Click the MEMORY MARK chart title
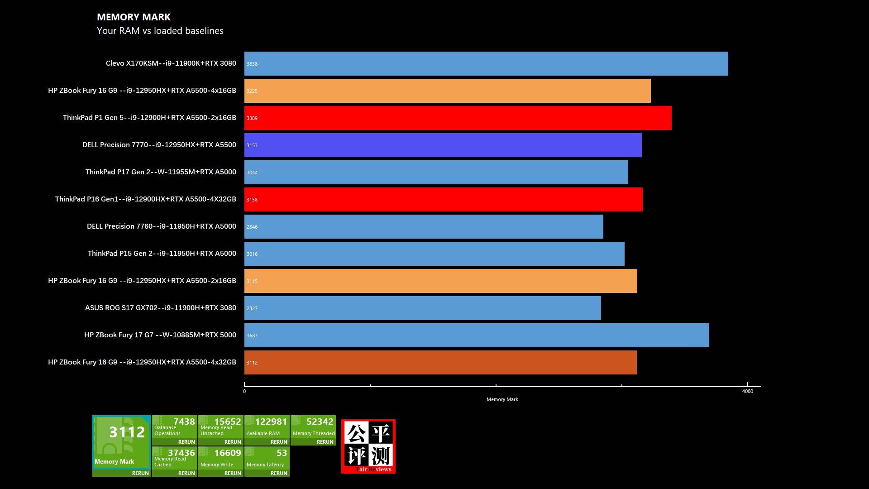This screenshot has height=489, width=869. click(134, 17)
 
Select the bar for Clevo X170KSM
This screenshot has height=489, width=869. click(486, 64)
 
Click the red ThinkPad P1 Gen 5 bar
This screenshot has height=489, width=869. click(458, 118)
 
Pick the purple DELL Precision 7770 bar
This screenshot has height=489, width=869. click(443, 145)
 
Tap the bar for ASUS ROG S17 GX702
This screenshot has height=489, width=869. click(422, 308)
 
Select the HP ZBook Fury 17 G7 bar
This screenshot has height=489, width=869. click(477, 336)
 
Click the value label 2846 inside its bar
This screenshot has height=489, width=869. click(252, 227)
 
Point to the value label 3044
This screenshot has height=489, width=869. click(252, 173)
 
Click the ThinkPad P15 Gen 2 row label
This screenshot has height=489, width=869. click(162, 254)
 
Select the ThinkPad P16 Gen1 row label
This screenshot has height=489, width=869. click(145, 199)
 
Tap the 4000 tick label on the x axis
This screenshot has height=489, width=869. click(747, 391)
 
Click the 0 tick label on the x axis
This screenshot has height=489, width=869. click(244, 391)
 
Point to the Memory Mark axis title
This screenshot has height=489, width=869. click(502, 399)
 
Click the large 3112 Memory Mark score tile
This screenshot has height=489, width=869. click(122, 441)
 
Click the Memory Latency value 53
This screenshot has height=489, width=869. click(282, 453)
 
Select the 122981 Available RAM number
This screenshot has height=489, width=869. click(271, 422)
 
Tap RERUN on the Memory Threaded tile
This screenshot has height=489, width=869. click(325, 442)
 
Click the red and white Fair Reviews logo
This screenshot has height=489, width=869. click(368, 446)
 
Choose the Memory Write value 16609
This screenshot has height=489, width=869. click(227, 453)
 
